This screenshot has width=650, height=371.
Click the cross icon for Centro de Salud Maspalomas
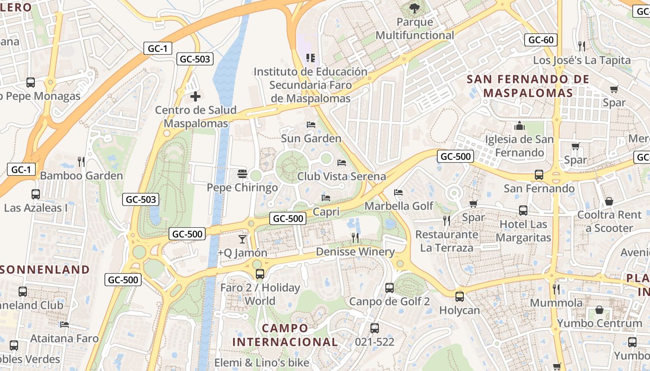(196, 96)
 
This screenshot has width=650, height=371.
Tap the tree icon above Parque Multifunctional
(414, 8)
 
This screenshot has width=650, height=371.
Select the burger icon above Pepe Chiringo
(242, 174)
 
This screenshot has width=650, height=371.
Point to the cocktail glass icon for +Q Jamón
(242, 239)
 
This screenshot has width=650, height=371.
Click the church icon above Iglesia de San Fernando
(519, 126)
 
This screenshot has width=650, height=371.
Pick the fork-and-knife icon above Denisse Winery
(355, 238)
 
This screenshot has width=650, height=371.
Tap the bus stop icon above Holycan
(460, 297)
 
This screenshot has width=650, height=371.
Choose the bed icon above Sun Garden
(311, 125)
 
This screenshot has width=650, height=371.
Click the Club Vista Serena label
(342, 176)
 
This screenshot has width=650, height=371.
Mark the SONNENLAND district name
(45, 269)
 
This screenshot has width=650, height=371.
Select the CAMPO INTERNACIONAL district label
(285, 335)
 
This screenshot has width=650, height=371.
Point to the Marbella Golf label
(399, 205)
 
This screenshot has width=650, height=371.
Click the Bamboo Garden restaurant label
(81, 176)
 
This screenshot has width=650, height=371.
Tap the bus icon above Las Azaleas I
(36, 194)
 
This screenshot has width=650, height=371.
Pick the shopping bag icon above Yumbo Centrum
(599, 310)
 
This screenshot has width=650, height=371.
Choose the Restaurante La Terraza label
(447, 241)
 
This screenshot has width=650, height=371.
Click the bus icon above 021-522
(375, 328)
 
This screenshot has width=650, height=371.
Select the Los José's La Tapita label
(582, 60)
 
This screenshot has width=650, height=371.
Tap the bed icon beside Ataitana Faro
(65, 325)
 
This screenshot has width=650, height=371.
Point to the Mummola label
(556, 303)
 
